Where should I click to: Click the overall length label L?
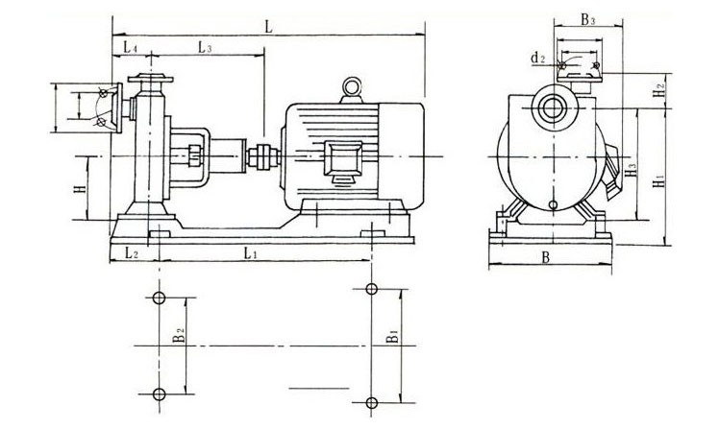270,28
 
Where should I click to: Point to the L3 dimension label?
205,46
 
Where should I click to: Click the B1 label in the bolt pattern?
391,342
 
